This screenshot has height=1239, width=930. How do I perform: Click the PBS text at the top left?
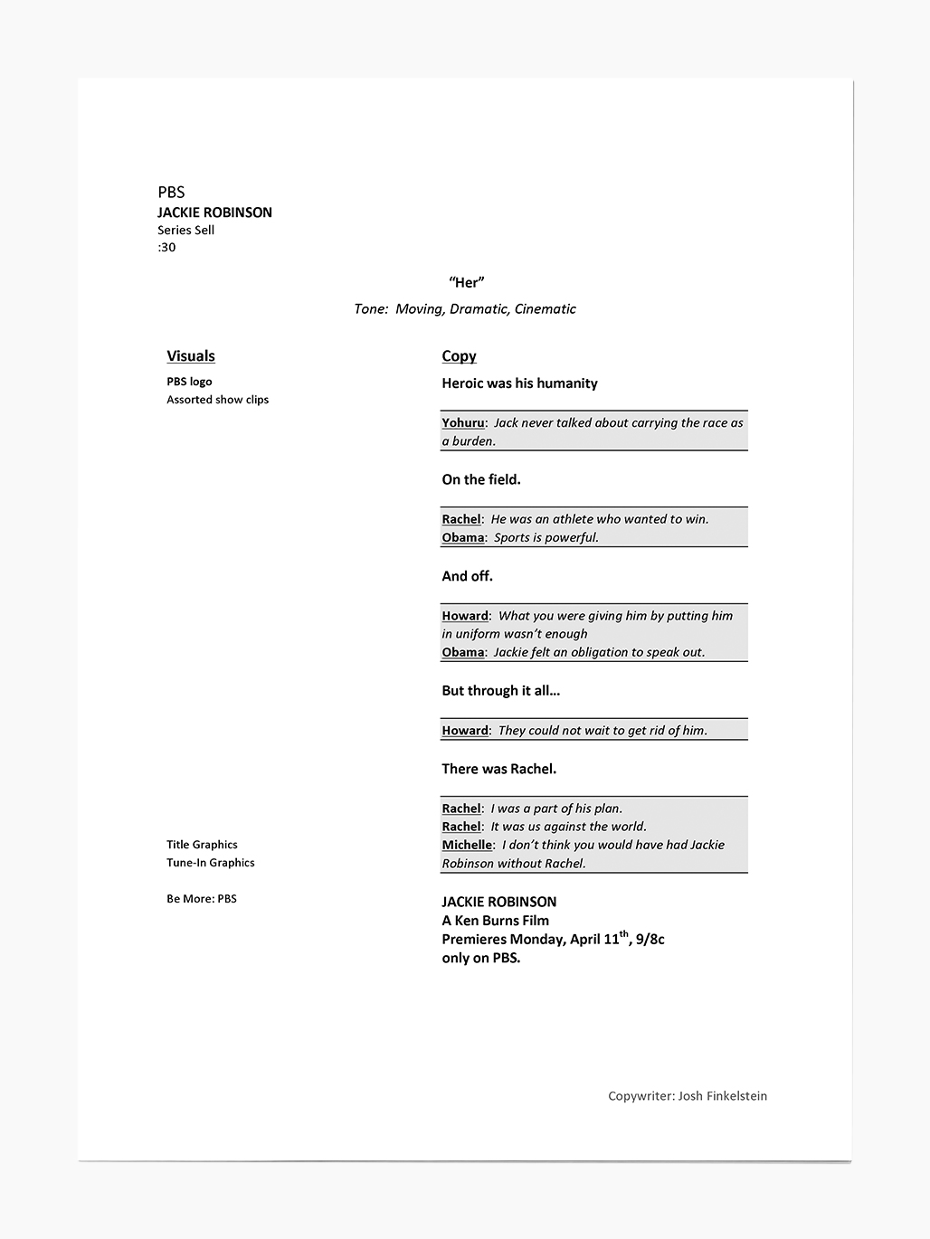[x=171, y=192]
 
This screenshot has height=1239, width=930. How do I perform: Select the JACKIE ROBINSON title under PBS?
[x=214, y=213]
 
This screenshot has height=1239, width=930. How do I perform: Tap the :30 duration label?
[x=166, y=247]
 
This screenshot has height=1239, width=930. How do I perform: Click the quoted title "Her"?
[x=466, y=282]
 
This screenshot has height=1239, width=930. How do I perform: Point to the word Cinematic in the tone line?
[x=545, y=308]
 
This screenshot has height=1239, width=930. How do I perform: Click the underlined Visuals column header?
[x=191, y=355]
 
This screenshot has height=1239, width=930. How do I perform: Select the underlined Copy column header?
[x=459, y=355]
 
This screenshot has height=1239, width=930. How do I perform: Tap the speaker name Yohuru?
[x=462, y=422]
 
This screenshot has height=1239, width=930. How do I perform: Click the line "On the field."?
[x=480, y=479]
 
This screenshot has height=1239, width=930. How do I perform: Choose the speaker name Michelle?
[x=467, y=845]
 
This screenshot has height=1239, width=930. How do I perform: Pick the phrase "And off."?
[x=467, y=576]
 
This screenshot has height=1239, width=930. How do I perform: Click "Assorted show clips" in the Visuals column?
[x=217, y=400]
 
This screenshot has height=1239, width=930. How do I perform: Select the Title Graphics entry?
[x=202, y=845]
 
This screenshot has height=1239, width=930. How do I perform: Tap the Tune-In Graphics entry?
[x=210, y=863]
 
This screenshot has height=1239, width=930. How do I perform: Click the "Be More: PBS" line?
[x=201, y=899]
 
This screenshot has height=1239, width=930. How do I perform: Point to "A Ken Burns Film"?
[x=495, y=921]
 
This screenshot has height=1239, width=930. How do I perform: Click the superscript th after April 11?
[x=624, y=934]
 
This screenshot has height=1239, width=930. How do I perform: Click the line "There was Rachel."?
[x=498, y=769]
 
